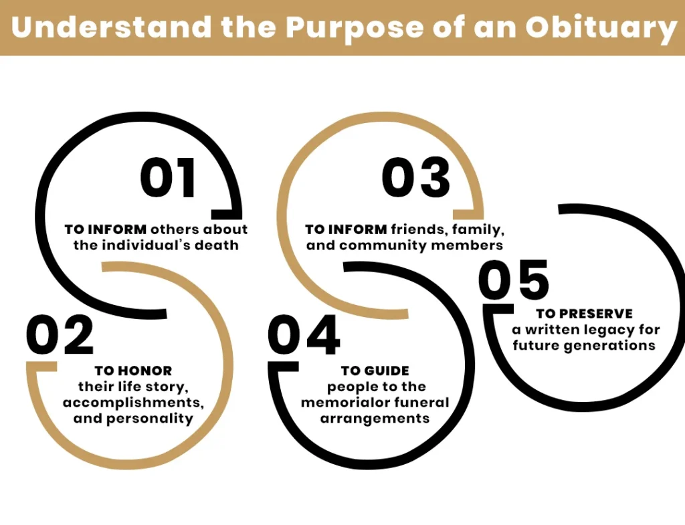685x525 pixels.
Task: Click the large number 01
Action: coord(167,179)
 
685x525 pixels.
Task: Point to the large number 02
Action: coord(60,336)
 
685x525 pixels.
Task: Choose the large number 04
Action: coord(304,336)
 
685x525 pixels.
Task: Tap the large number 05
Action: coord(514,281)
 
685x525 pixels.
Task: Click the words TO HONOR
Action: coord(133,371)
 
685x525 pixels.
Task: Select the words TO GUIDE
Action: coord(375,371)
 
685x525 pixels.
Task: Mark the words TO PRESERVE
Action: coord(584,314)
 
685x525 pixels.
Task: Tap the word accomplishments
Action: coord(133,403)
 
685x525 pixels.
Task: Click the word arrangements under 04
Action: coord(375,419)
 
